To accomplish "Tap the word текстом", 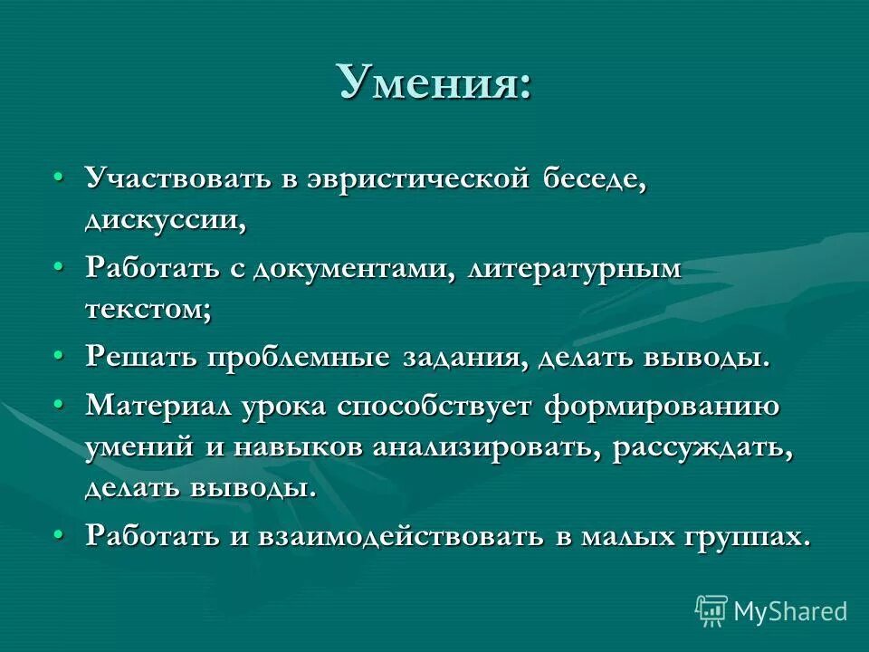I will pyautogui.click(x=148, y=311).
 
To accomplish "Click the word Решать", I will pyautogui.click(x=141, y=357).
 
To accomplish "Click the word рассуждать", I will pyautogui.click(x=703, y=448).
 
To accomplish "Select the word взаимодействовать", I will pyautogui.click(x=400, y=536).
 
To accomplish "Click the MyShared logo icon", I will pyautogui.click(x=711, y=610).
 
